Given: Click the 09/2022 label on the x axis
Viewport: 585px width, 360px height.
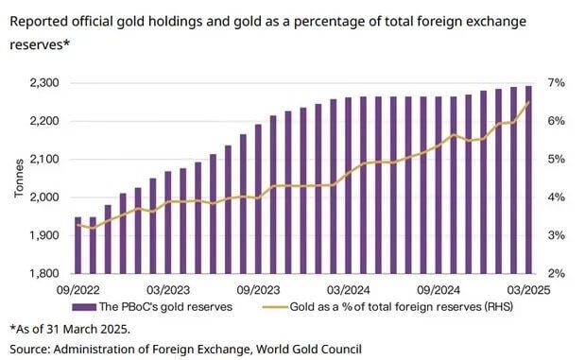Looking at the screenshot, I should [x=78, y=290].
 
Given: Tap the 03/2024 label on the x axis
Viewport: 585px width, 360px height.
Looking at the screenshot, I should [x=348, y=290].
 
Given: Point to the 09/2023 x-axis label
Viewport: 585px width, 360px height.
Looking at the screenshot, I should [x=257, y=290].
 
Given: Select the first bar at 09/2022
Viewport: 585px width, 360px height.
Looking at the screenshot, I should [x=78, y=246].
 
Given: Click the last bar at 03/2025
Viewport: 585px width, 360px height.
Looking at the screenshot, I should [x=528, y=180].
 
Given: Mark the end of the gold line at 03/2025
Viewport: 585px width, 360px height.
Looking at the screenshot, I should [x=529, y=102].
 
